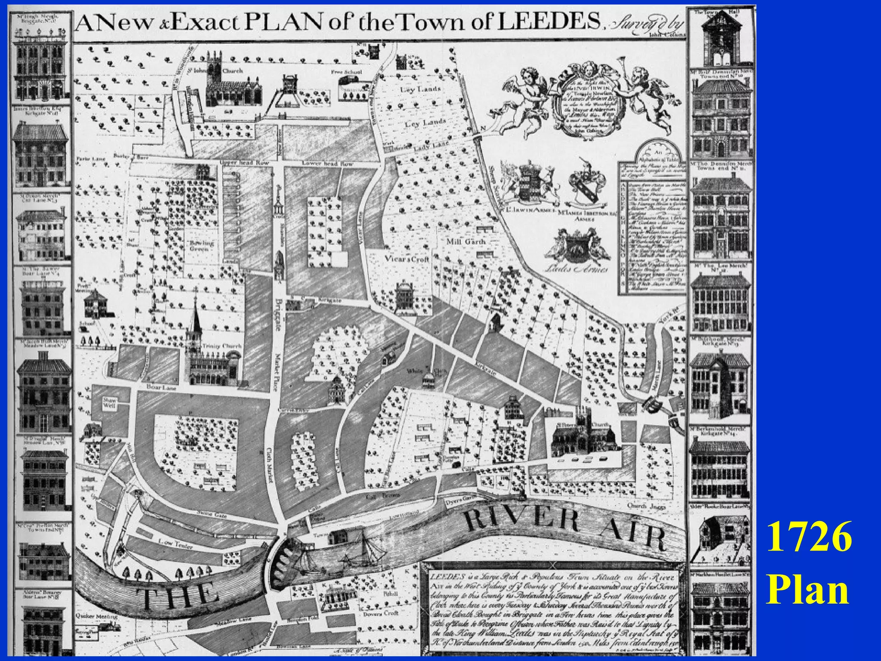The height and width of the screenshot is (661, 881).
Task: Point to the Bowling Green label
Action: [x=201, y=246]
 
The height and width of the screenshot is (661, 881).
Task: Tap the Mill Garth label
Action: [x=465, y=241]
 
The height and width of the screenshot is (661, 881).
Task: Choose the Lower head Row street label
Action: [x=328, y=164]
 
